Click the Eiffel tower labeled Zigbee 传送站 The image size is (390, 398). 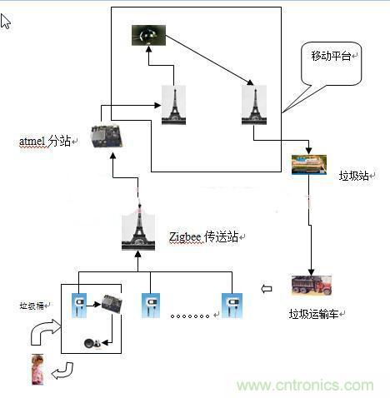139,233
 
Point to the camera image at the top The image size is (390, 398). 149,35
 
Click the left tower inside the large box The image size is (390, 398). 173,105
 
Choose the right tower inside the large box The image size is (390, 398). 252,105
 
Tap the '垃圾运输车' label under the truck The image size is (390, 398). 315,314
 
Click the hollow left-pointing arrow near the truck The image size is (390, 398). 267,289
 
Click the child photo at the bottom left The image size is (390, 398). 37,369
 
